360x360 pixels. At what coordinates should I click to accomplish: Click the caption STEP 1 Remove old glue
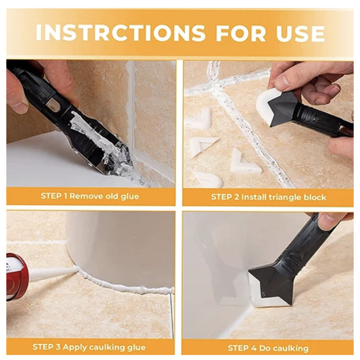90,196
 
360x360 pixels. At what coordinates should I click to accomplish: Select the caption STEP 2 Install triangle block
269,197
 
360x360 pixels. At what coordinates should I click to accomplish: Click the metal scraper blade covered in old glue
106,148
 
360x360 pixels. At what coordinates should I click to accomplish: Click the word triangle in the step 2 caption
288,197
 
